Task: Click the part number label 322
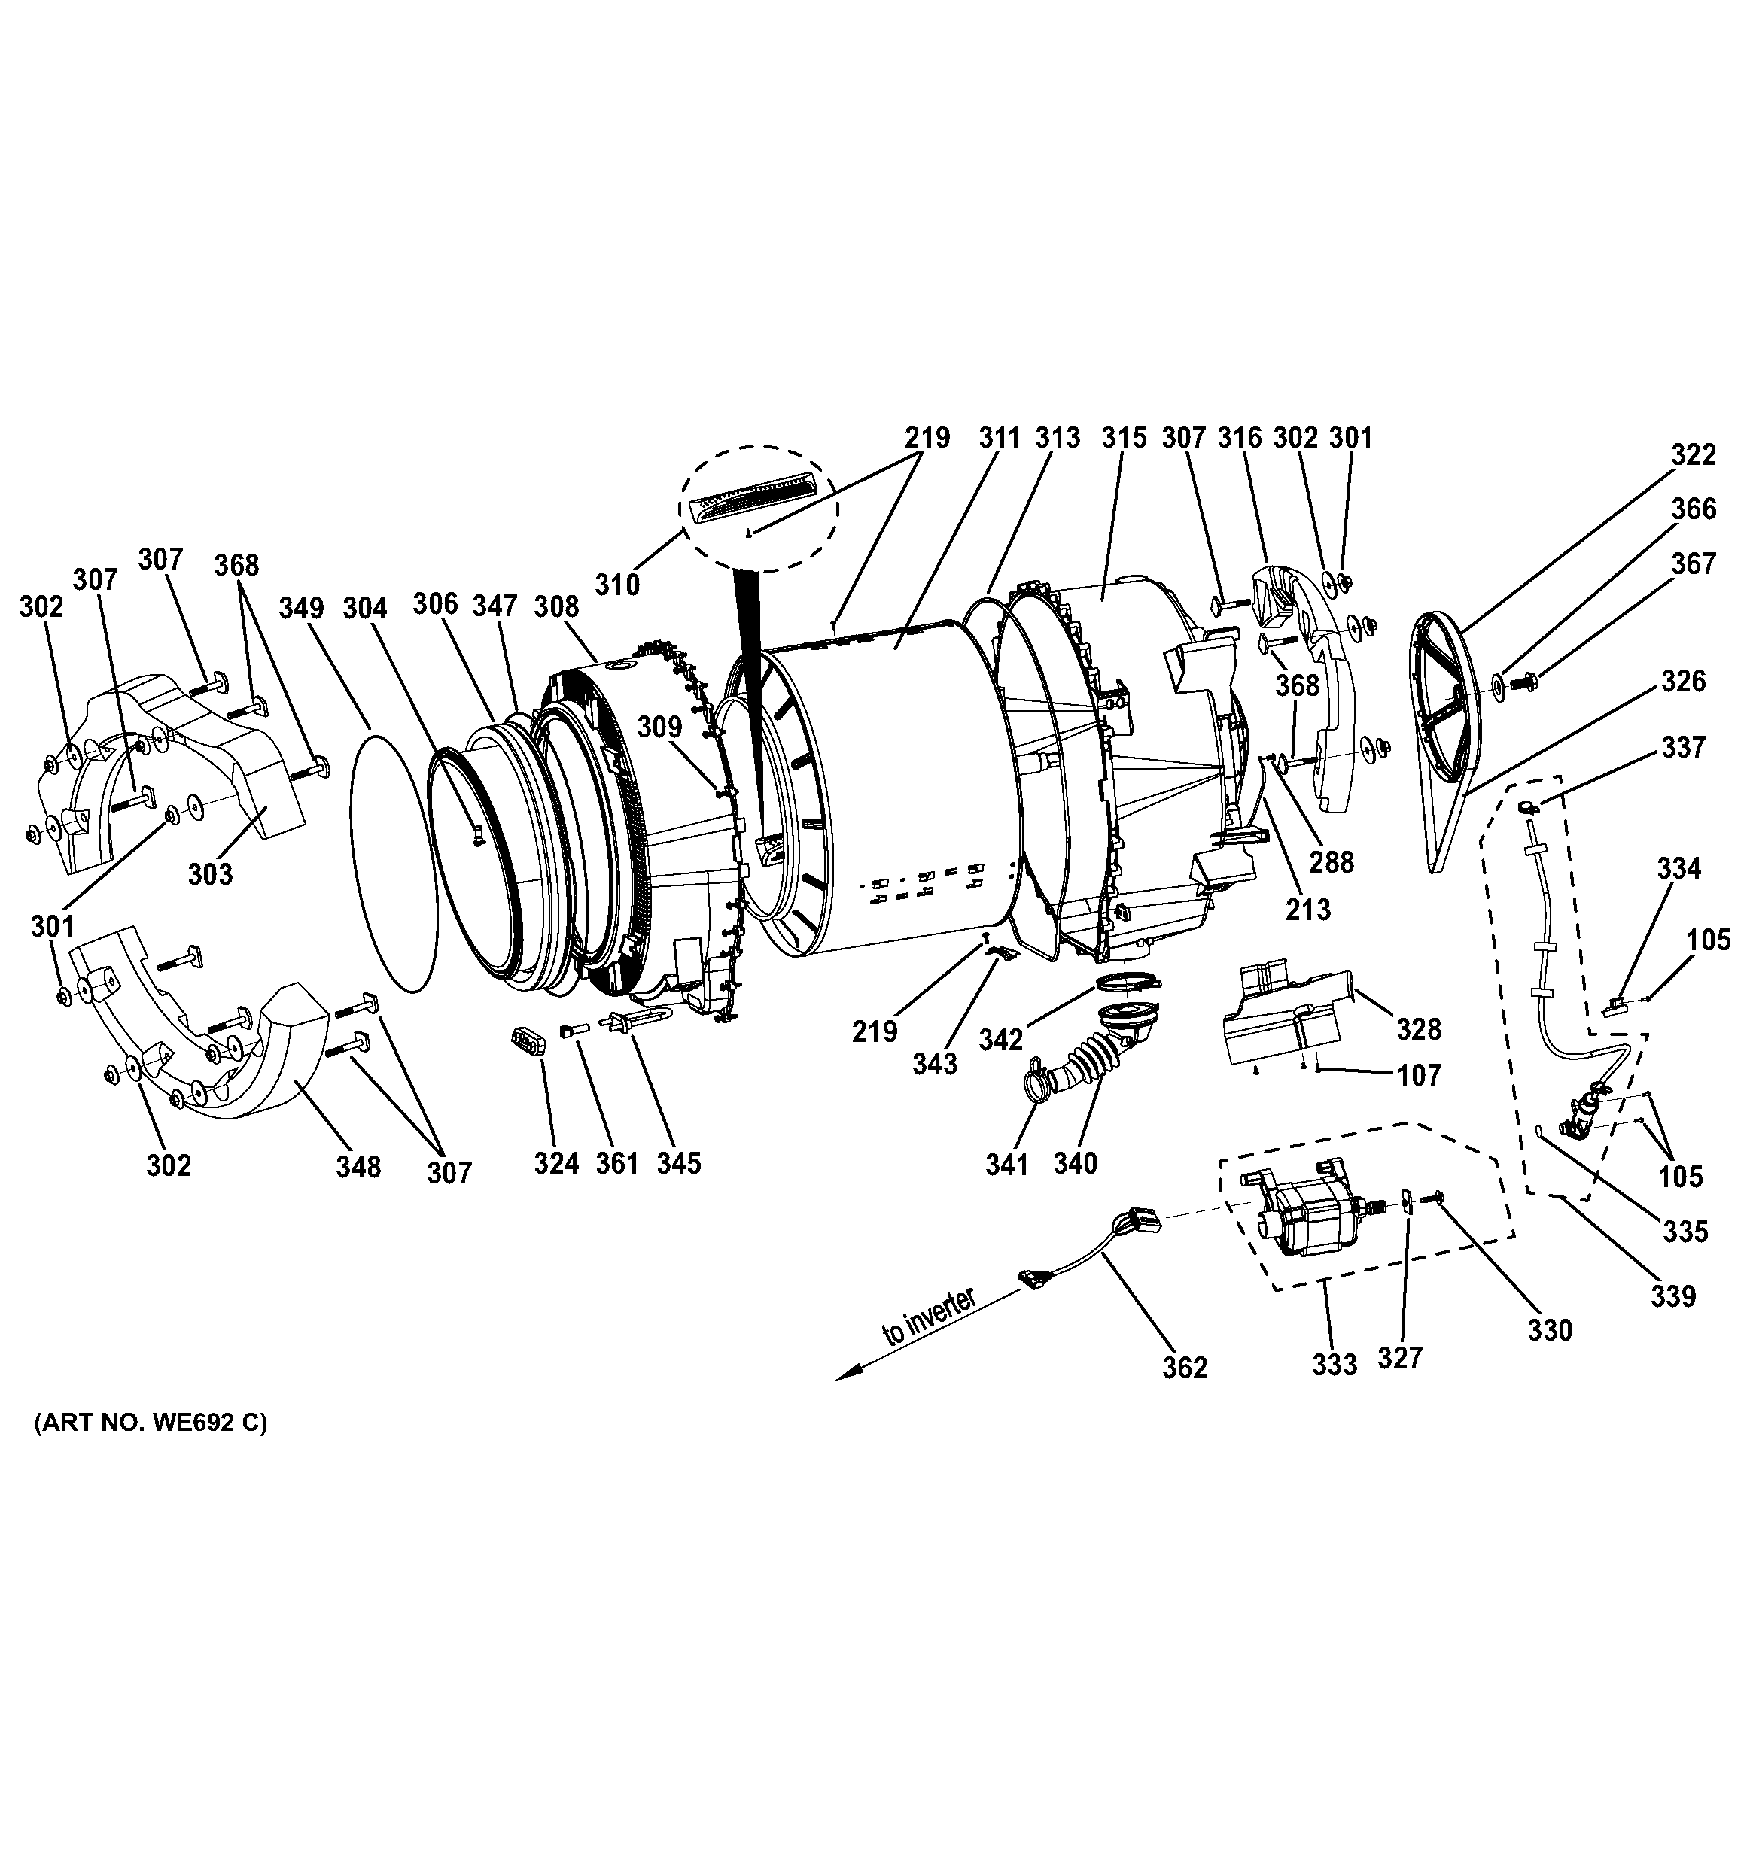click(x=1694, y=454)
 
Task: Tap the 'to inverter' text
click(x=930, y=1318)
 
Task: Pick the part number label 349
click(x=301, y=608)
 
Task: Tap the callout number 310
click(x=617, y=585)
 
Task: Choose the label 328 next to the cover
click(x=1418, y=1029)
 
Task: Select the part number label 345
click(x=678, y=1162)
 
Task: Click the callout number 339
click(x=1673, y=1296)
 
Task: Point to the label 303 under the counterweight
click(x=210, y=874)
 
